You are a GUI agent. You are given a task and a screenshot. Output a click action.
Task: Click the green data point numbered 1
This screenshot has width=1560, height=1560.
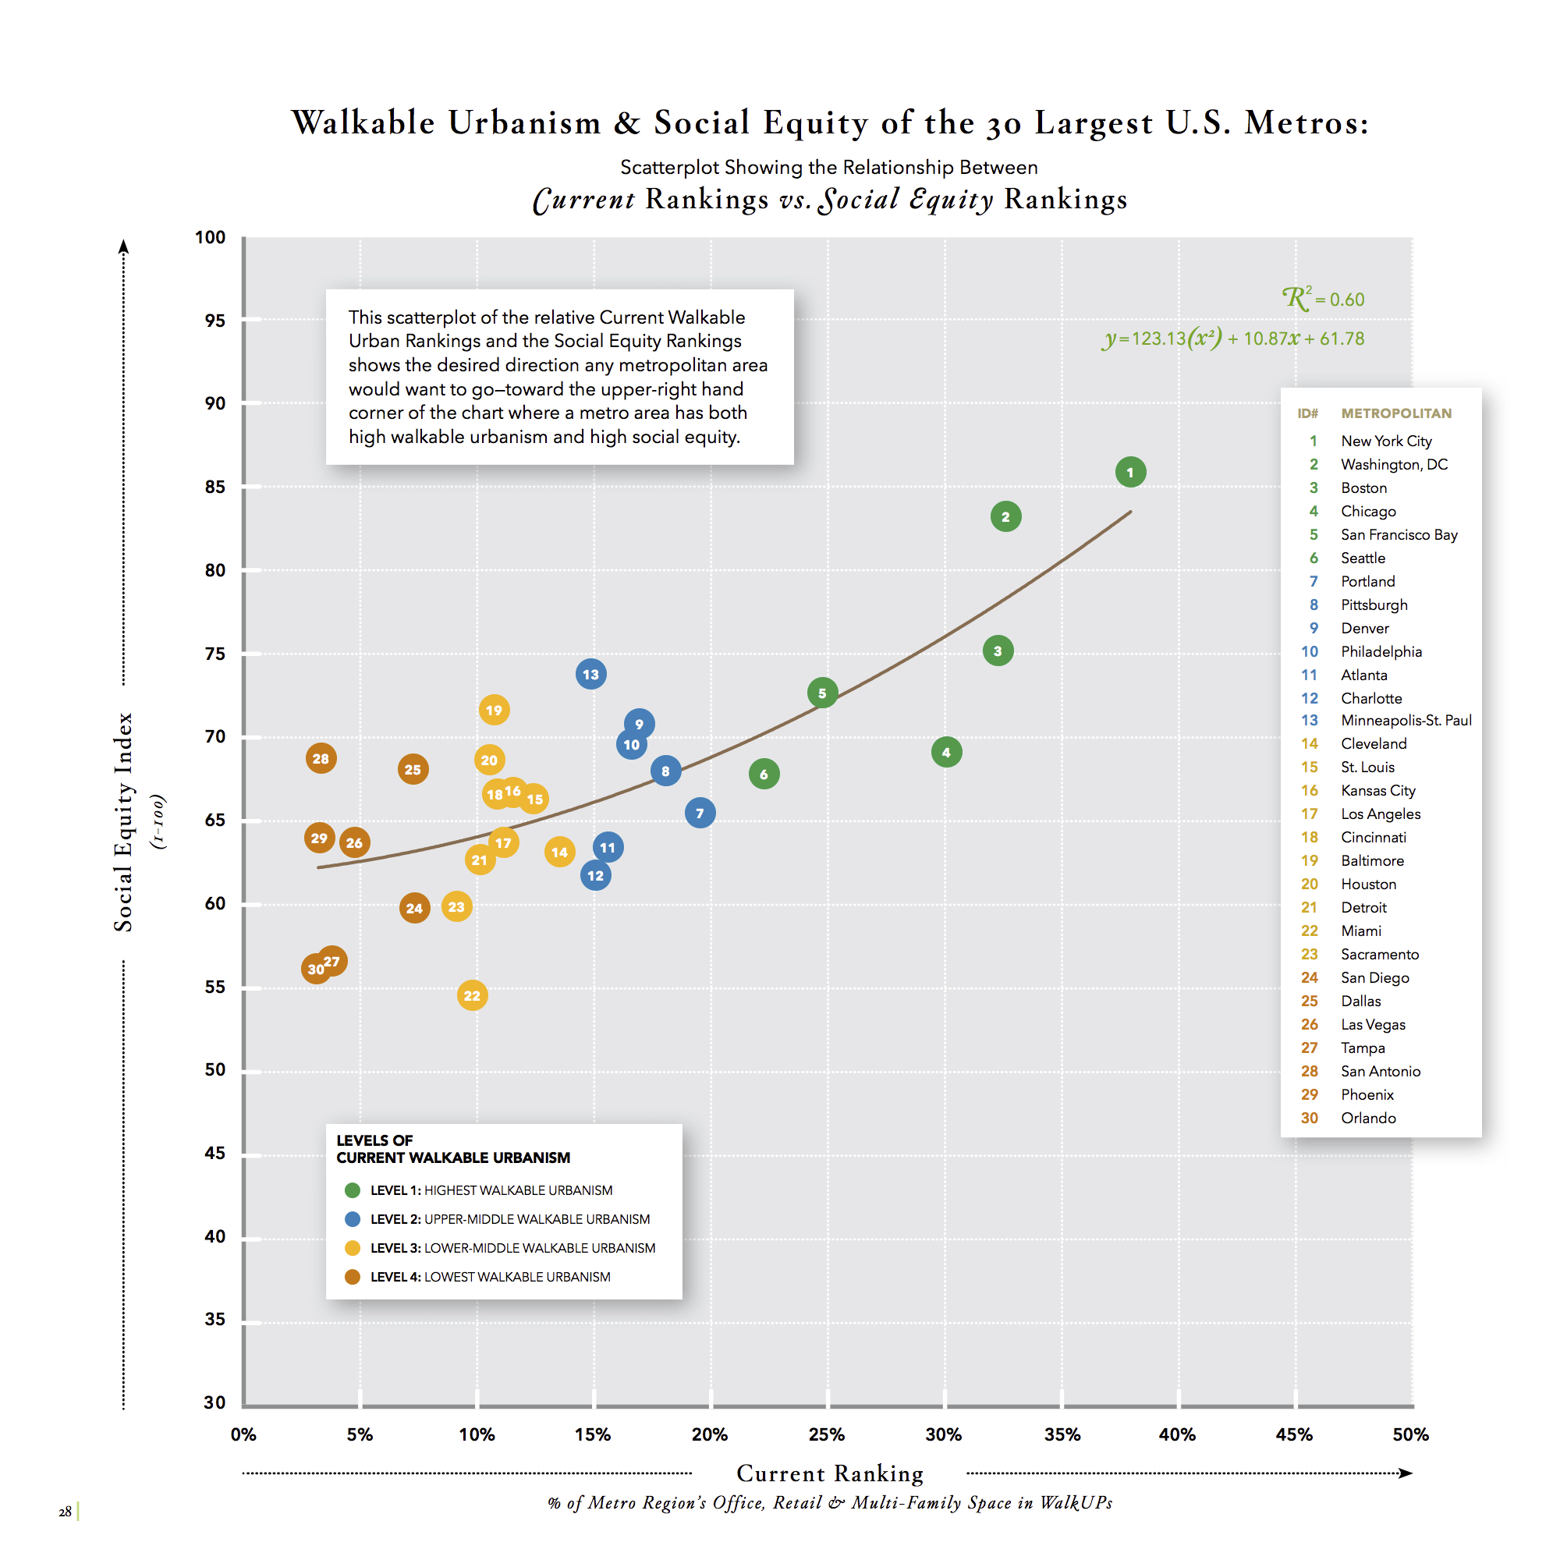[x=1129, y=473]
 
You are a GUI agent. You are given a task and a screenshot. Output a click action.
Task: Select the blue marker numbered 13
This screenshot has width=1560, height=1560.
[x=591, y=674]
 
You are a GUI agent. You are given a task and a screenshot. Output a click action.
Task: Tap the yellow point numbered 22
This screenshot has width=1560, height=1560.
[x=473, y=995]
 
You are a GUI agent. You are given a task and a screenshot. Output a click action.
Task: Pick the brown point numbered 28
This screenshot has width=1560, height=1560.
[x=321, y=758]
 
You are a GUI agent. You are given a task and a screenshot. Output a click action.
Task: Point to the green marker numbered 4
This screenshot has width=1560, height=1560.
[x=946, y=753]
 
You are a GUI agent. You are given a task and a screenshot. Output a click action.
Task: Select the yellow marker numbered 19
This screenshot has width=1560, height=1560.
[x=495, y=711]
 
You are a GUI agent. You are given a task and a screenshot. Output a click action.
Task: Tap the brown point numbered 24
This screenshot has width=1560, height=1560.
[x=414, y=909]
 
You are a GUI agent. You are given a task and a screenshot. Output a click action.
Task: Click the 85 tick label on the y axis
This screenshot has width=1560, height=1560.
[x=214, y=487]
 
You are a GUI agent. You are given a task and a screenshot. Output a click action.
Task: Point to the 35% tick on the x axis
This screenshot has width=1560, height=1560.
[x=1062, y=1435]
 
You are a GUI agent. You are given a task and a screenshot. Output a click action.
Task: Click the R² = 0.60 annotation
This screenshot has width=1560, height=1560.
[x=1324, y=299]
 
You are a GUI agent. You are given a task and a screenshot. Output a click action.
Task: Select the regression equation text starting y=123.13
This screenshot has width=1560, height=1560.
[x=1233, y=339]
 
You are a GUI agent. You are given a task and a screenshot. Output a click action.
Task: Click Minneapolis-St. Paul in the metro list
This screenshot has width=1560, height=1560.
[x=1406, y=720]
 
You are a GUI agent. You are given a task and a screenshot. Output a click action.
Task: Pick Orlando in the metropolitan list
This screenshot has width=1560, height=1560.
[x=1368, y=1119]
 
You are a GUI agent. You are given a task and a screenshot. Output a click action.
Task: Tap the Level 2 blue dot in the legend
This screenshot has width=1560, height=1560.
[x=352, y=1219]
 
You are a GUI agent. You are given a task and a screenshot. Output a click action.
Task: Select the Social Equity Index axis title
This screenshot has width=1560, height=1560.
[x=123, y=822]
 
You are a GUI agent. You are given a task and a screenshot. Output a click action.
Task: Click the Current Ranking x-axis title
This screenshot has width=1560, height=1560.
[x=830, y=1473]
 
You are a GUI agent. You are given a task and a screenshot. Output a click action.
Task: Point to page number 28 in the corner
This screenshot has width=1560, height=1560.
[x=65, y=1512]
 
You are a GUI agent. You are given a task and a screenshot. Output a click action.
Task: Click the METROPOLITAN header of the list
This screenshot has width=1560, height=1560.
[x=1396, y=413]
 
